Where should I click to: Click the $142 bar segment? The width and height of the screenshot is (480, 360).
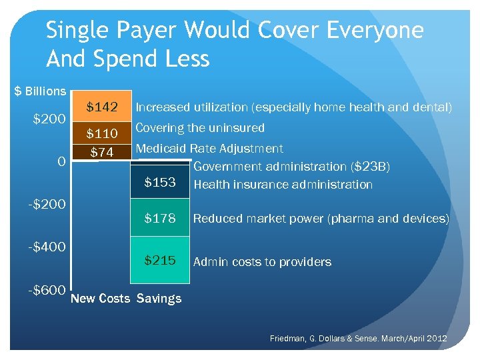pyautogui.click(x=101, y=107)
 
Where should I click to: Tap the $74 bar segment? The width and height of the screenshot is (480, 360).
pyautogui.click(x=101, y=153)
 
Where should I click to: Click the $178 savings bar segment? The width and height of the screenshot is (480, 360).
pyautogui.click(x=160, y=218)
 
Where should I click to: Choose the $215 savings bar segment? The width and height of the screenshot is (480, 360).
pyautogui.click(x=160, y=261)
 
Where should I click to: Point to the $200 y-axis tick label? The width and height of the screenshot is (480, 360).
pyautogui.click(x=49, y=120)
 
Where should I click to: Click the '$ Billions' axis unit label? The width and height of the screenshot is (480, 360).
pyautogui.click(x=41, y=91)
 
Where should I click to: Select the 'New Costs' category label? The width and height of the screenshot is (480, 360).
pyautogui.click(x=100, y=298)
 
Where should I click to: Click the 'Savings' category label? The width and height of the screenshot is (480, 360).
pyautogui.click(x=159, y=298)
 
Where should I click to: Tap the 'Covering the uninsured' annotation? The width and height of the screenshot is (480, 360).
pyautogui.click(x=200, y=127)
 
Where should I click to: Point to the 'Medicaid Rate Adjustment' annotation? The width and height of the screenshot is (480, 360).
pyautogui.click(x=209, y=149)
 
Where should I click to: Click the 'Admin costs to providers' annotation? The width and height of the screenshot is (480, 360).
pyautogui.click(x=262, y=262)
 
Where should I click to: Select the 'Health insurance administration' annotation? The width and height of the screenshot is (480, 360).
pyautogui.click(x=283, y=185)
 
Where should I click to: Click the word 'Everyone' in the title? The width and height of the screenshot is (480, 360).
pyautogui.click(x=366, y=30)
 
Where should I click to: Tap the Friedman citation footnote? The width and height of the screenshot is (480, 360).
pyautogui.click(x=358, y=339)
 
